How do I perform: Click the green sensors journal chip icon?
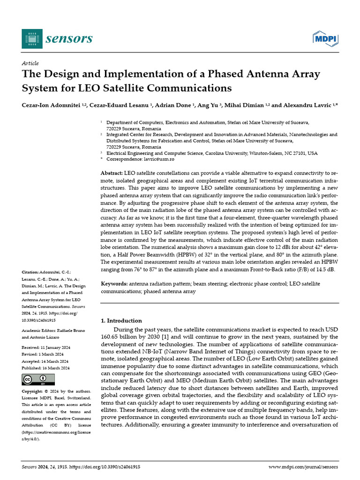pos(32,38)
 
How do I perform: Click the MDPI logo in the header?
pos(325,39)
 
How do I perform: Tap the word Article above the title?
pos(30,63)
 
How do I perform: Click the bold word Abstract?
pos(112,173)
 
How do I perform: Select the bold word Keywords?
pos(114,284)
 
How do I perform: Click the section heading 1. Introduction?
pos(121,321)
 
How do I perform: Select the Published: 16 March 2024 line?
pos(45,368)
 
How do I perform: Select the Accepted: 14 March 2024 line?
pos(45,361)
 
